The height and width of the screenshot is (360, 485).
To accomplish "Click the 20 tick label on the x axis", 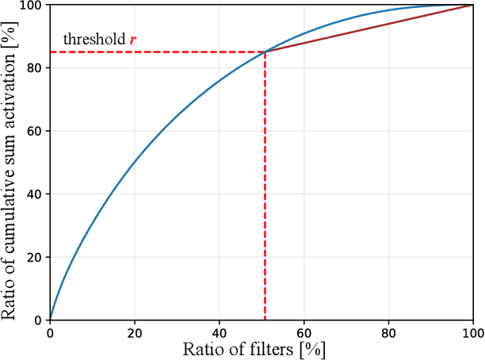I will point(135,333).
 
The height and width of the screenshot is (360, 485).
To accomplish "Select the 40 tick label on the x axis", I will point(220,333).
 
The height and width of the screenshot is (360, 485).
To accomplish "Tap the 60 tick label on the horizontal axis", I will point(304,333).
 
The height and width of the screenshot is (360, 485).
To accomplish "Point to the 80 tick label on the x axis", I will point(388,333).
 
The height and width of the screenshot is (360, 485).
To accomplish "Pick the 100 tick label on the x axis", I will point(473,333).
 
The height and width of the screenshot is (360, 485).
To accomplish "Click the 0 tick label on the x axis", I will point(50,333).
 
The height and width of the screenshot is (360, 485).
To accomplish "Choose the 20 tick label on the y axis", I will point(35,258).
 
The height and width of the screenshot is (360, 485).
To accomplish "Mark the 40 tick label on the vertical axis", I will point(35,194).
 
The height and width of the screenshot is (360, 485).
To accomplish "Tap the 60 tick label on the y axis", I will point(35,132).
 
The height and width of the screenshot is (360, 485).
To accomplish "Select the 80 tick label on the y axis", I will point(35,68).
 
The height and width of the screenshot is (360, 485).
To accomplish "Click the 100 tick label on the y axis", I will point(32,6).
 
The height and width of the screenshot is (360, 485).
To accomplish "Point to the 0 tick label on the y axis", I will point(38,320).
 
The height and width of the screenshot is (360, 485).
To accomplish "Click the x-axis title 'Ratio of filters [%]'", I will point(254,350).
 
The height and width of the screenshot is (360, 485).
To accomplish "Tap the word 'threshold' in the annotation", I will point(94,40).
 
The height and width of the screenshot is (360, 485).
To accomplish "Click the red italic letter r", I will point(133,40).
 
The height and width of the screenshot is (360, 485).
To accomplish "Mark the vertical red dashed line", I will point(265,190).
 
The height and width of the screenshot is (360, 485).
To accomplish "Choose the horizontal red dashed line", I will point(158,52).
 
